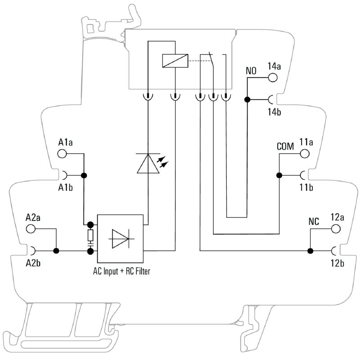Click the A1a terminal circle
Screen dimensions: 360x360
coord(62,154)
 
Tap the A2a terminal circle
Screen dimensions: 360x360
coord(31,229)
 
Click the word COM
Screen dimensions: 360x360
coord(285,147)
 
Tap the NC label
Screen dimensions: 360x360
coord(314,222)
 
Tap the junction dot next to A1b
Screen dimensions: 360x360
coord(83,175)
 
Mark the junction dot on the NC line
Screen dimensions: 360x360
coord(310,250)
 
